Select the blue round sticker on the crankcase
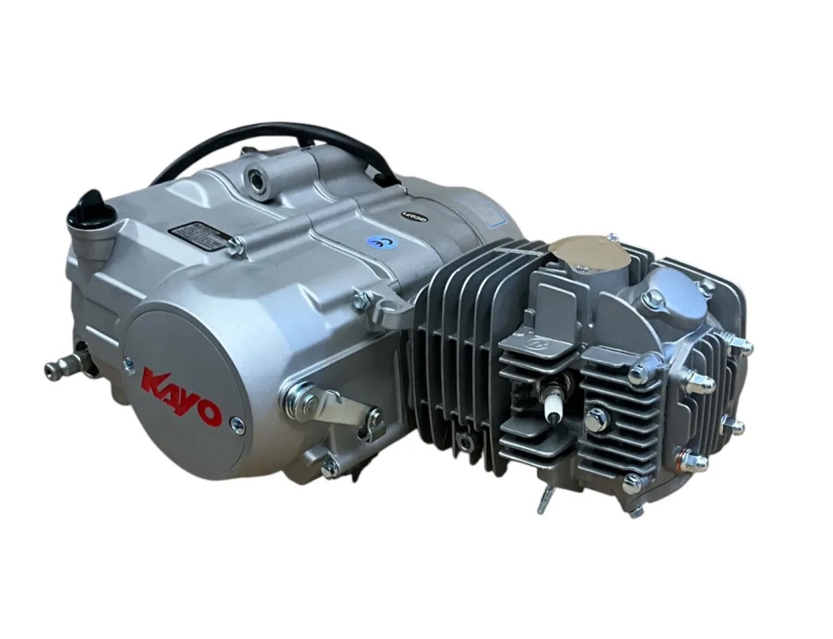[375, 242]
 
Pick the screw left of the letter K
[129, 364]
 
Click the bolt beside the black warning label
[237, 245]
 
